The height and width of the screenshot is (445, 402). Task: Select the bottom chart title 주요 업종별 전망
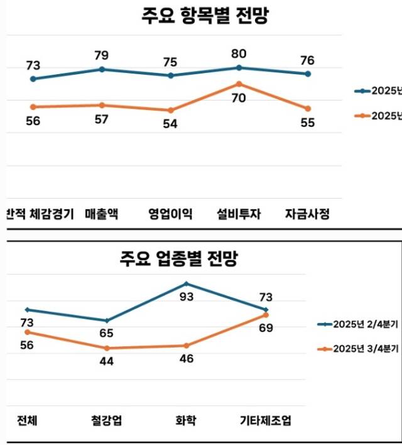click(180, 258)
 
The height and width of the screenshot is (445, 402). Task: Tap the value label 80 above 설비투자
click(239, 54)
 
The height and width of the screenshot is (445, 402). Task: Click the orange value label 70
click(238, 98)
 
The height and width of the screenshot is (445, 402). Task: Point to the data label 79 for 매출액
click(101, 55)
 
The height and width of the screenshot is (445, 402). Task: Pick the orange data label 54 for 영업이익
click(170, 123)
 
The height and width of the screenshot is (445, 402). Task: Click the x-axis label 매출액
click(101, 213)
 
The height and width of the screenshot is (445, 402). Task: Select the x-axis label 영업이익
click(170, 213)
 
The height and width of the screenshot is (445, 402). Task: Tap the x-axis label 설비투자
click(239, 213)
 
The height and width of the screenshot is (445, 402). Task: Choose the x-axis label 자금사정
click(307, 213)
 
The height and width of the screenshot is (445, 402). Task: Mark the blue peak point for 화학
click(187, 283)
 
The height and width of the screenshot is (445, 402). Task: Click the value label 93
click(187, 297)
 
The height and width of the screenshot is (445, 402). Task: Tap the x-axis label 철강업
click(107, 420)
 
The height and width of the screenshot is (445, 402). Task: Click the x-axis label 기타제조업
click(266, 420)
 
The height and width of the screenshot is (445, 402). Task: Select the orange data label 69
click(266, 327)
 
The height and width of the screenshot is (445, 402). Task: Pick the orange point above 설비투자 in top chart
click(239, 84)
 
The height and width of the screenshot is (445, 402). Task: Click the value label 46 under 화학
click(187, 359)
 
